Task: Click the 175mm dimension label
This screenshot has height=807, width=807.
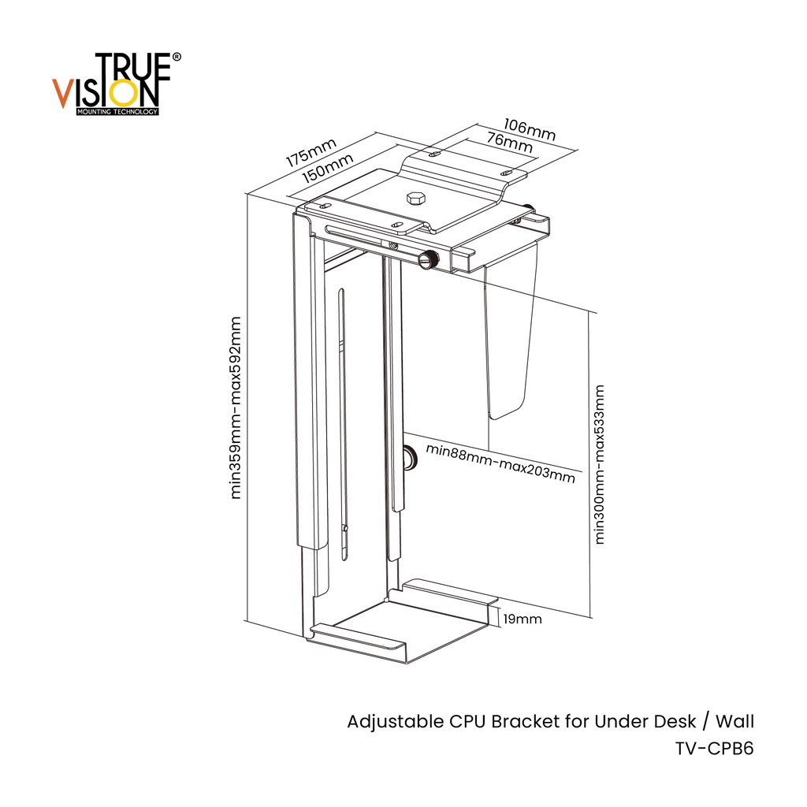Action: coord(311,151)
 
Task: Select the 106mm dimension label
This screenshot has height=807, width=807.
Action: coord(529,131)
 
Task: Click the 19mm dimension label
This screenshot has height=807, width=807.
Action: coord(523,619)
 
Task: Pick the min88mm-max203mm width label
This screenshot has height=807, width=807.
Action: coord(500,463)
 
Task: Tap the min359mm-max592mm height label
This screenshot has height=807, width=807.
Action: coord(236,407)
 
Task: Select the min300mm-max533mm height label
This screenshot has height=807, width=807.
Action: coord(600,464)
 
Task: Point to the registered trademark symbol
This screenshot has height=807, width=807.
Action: coord(176,58)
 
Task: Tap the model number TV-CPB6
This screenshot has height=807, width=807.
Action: coord(714,749)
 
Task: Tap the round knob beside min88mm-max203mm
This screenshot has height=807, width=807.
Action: coord(410,456)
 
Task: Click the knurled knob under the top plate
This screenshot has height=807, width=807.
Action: coord(430,260)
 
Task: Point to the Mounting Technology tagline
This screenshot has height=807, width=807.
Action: coord(117,112)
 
